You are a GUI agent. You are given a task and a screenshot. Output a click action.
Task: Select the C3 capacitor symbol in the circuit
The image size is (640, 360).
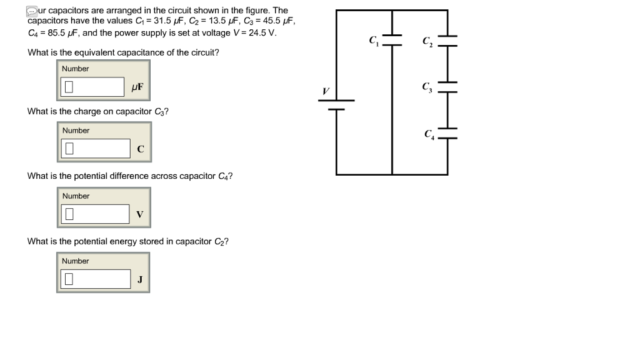coord(447,86)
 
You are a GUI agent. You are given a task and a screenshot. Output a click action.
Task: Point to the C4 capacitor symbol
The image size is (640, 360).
coord(447,132)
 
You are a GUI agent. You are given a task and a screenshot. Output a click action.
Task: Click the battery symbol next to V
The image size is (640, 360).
coord(337,104)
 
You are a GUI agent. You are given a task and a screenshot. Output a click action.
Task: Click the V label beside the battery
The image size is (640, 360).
coord(324,91)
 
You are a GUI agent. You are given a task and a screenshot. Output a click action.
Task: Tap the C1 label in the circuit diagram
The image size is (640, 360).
coord(374,41)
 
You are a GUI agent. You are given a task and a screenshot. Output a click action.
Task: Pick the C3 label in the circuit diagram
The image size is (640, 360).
coord(427,86)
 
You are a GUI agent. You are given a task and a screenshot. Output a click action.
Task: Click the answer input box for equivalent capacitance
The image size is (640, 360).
coord(94,87)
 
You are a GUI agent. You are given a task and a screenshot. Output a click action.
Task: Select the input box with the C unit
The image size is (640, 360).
coord(96,149)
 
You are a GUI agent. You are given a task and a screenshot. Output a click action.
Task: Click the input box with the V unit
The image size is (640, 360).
coord(95,214)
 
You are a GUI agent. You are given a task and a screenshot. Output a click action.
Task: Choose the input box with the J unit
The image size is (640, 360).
coord(95,279)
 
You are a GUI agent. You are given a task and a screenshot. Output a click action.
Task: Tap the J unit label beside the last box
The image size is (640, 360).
coord(140,279)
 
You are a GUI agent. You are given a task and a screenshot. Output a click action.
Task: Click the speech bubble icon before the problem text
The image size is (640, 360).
coord(31,11)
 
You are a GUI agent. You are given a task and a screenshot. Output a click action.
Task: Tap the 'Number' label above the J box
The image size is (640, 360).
coord(76,261)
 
